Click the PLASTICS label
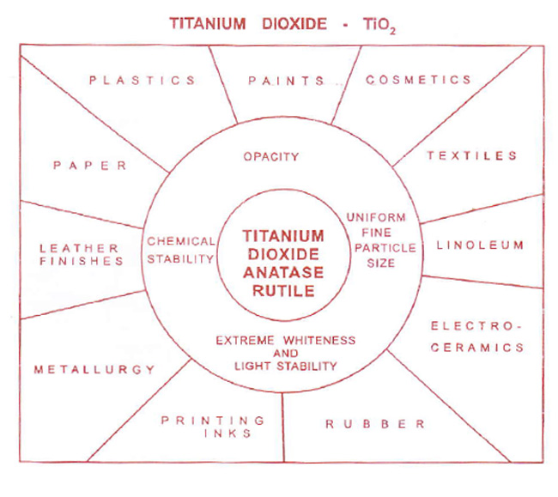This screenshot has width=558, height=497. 143,81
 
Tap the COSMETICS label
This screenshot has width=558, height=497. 418,80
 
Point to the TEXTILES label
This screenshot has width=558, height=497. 472,156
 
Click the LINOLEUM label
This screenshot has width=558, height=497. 480,245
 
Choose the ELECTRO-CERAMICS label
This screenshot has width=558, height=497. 477,337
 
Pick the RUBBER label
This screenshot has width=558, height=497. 374,424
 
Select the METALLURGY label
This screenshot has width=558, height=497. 94,370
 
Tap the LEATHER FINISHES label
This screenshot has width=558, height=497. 82,255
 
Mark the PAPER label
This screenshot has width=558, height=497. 88,166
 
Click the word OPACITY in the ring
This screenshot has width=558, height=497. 270,157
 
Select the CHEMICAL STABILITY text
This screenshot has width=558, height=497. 179,250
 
